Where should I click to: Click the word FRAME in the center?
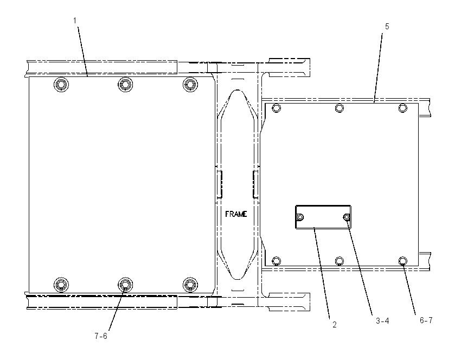coord(236,214)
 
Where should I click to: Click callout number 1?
coord(75,21)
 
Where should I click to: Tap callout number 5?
coord(387,27)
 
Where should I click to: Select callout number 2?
coord(334,325)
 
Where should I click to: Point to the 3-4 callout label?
coord(382,321)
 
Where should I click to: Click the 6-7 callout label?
coord(426,320)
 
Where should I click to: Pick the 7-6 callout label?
coord(101,336)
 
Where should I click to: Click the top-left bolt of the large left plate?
coord(61,85)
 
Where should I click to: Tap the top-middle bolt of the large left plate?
coord(125,85)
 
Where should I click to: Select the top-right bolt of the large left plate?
coord(190,85)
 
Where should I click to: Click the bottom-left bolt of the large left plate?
coord(61,285)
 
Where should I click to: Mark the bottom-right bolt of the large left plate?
coord(190,285)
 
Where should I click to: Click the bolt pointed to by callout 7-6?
coord(125,285)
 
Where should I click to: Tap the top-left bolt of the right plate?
coord(276,108)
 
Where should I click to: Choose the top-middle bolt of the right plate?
coord(340,108)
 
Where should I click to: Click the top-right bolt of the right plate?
coord(403,108)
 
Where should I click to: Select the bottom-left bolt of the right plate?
coord(276,261)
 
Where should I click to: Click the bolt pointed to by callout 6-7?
coord(403,261)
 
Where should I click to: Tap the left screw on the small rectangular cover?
coord(300,217)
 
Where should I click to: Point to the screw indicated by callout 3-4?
coord(347,217)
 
